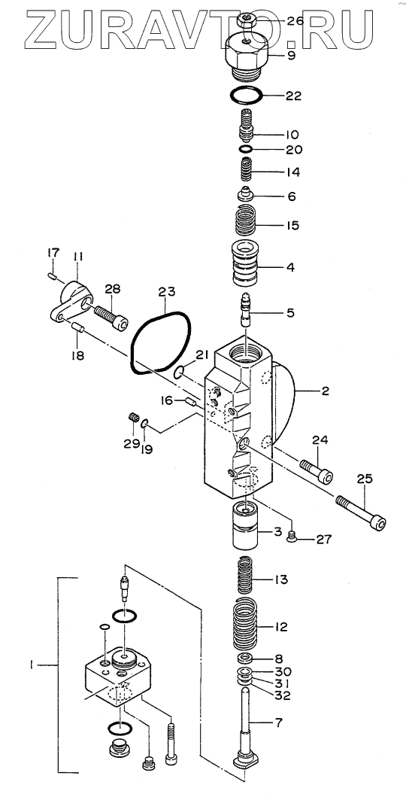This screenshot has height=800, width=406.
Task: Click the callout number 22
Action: [x=293, y=96]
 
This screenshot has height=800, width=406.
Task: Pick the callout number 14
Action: [x=292, y=172]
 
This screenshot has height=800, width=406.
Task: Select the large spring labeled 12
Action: [x=246, y=624]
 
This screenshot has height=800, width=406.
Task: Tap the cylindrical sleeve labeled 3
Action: [x=246, y=525]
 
